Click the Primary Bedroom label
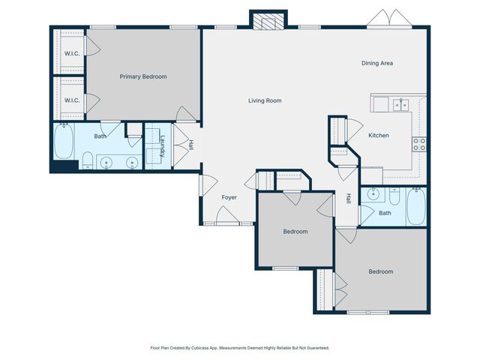[143, 76]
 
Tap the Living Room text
[265, 100]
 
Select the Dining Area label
[377, 63]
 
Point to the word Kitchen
[378, 135]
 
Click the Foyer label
[229, 197]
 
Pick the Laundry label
[162, 144]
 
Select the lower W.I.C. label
[71, 100]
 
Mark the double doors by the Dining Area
[391, 18]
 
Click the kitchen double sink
[399, 104]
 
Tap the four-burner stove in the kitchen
[418, 143]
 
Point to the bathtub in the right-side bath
[416, 206]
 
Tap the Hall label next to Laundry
[191, 144]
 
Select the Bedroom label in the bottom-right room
[380, 271]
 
